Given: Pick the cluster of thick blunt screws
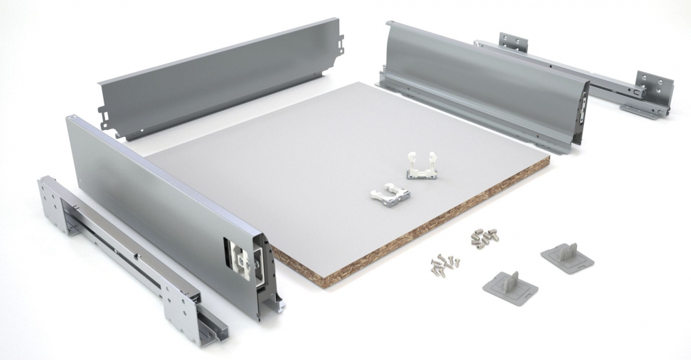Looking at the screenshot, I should click(x=482, y=237).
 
